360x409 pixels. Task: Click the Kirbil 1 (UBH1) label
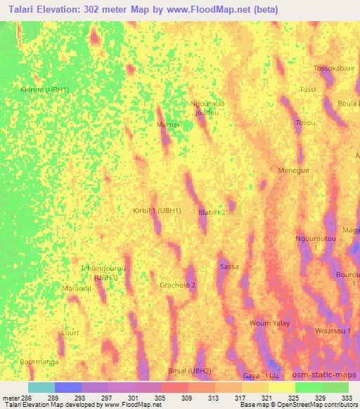pyautogui.click(x=157, y=211)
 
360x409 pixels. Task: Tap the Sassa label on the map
pyautogui.click(x=229, y=267)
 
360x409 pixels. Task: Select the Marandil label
pyautogui.click(x=78, y=289)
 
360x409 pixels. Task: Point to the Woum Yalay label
pyautogui.click(x=269, y=323)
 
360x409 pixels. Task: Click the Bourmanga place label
pyautogui.click(x=39, y=361)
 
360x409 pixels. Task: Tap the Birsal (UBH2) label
pyautogui.click(x=190, y=370)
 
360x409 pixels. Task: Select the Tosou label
pyautogui.click(x=305, y=123)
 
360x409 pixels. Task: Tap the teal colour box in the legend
pyautogui.click(x=41, y=387)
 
